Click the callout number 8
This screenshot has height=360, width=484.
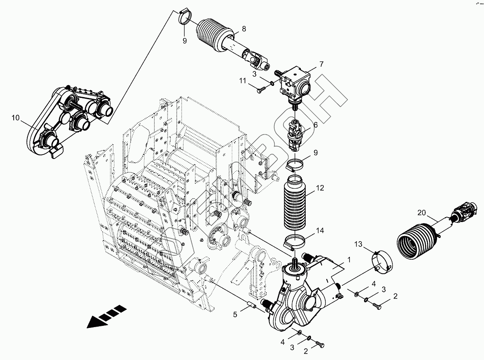pos(243,28)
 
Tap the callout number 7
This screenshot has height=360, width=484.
pos(321,64)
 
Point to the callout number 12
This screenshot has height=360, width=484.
pos(320,187)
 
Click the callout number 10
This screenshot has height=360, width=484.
pos(15,118)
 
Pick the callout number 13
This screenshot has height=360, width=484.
pos(358,244)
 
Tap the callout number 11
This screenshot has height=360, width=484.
pos(242,81)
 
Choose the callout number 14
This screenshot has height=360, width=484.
pos(320,231)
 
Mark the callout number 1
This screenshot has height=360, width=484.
pos(349,260)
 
